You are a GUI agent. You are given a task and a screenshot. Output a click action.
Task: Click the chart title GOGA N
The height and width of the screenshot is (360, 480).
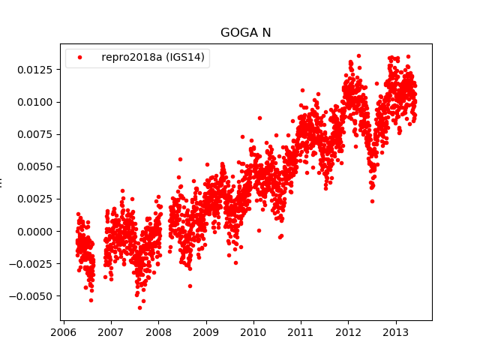point(245,33)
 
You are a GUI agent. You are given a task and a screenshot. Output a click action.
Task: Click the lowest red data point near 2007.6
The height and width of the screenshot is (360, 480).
point(139,307)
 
